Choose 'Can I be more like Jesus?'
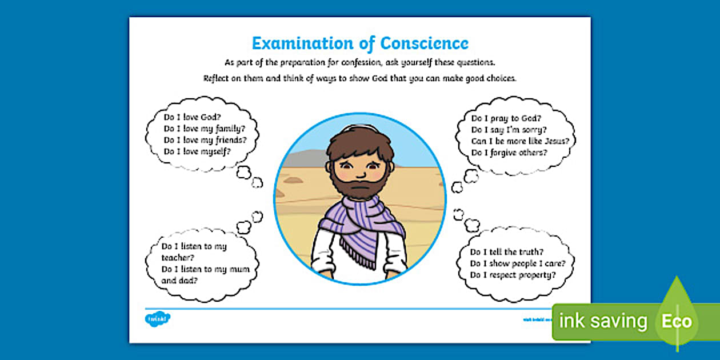pyautogui.click(x=520, y=141)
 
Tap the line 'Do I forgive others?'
pyautogui.click(x=509, y=153)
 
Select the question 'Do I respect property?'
pyautogui.click(x=513, y=275)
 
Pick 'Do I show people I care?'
pyautogui.click(x=518, y=263)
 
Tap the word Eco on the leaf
pyautogui.click(x=677, y=322)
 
